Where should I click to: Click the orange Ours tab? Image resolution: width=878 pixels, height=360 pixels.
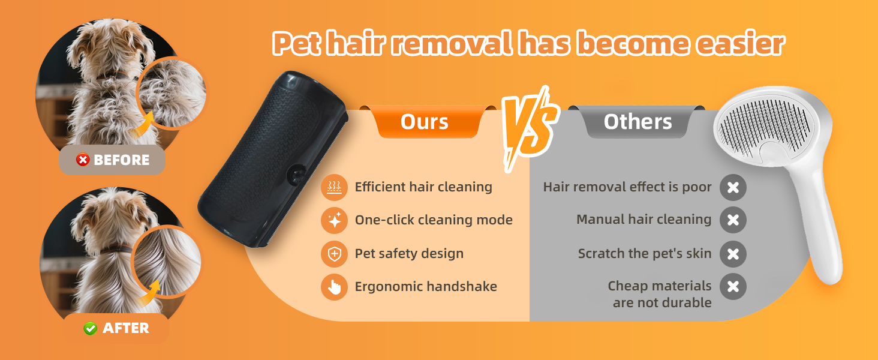[x=425, y=122]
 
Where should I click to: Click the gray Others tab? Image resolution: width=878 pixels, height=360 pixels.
[x=638, y=122]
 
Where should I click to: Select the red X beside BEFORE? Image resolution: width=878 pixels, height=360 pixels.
[x=83, y=160]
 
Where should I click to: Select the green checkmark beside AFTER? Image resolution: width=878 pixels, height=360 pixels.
[x=91, y=328]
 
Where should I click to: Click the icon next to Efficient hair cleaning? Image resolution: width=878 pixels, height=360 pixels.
[x=334, y=188]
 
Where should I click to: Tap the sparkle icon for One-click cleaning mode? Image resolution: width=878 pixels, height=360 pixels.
[x=334, y=220]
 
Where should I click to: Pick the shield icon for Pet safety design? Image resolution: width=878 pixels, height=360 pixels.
[x=334, y=254]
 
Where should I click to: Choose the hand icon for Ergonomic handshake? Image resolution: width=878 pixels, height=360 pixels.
[x=334, y=287]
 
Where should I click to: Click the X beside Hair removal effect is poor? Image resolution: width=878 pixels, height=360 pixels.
[x=733, y=188]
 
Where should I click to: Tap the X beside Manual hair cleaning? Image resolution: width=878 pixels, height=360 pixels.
[x=733, y=220]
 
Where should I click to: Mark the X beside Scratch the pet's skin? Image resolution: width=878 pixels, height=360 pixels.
[x=733, y=254]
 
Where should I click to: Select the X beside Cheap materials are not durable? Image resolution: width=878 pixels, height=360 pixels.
[x=733, y=287]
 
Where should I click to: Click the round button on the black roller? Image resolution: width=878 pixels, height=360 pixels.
[x=295, y=174]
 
